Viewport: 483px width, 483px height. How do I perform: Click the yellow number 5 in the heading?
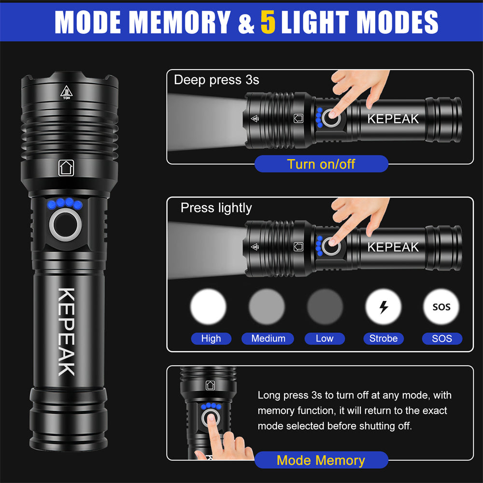pyautogui.click(x=268, y=22)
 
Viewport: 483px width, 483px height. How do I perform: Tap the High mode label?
pyautogui.click(x=211, y=339)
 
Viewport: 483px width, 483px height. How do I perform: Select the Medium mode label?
pyautogui.click(x=268, y=339)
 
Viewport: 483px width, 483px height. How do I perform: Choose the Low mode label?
pyautogui.click(x=325, y=339)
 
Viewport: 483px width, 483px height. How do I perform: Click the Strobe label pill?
pyautogui.click(x=384, y=339)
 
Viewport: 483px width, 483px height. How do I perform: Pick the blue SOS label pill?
pyautogui.click(x=442, y=339)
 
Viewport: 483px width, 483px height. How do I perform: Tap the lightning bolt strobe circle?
pyautogui.click(x=383, y=307)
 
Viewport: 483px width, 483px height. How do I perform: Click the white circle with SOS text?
pyautogui.click(x=441, y=307)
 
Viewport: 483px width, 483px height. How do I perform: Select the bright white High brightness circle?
pyautogui.click(x=208, y=307)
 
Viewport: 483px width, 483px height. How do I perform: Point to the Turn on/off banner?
pyautogui.click(x=321, y=164)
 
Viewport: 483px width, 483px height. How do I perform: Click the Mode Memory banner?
pyautogui.click(x=321, y=460)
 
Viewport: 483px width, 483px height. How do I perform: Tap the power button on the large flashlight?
pyautogui.click(x=65, y=225)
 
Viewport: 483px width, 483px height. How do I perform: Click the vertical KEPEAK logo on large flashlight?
pyautogui.click(x=66, y=332)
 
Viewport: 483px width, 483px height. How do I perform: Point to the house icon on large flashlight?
pyautogui.click(x=66, y=168)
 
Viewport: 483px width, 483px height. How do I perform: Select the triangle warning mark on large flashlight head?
pyautogui.click(x=66, y=92)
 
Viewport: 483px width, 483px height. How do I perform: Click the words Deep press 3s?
pyautogui.click(x=216, y=80)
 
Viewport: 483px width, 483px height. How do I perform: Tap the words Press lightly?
pyautogui.click(x=216, y=208)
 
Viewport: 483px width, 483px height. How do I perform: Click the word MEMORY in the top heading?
pyautogui.click(x=180, y=22)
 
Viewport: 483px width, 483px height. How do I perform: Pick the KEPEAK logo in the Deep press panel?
pyautogui.click(x=393, y=119)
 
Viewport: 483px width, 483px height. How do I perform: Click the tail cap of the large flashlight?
pyautogui.click(x=69, y=420)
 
